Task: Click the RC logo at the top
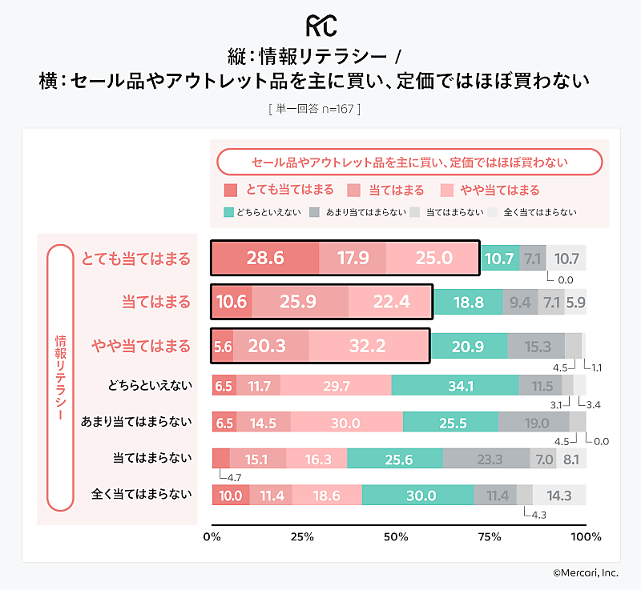tap(320, 24)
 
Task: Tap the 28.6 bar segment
tap(265, 258)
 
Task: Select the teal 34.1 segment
tap(455, 386)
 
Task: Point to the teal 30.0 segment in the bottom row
tap(418, 496)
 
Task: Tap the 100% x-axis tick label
tap(586, 536)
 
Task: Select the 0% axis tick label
tap(212, 536)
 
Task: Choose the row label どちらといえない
tap(150, 385)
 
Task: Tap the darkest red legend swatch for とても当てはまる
tap(231, 191)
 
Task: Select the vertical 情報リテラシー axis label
tap(59, 377)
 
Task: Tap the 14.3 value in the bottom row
tap(559, 496)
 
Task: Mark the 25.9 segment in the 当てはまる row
tap(299, 302)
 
